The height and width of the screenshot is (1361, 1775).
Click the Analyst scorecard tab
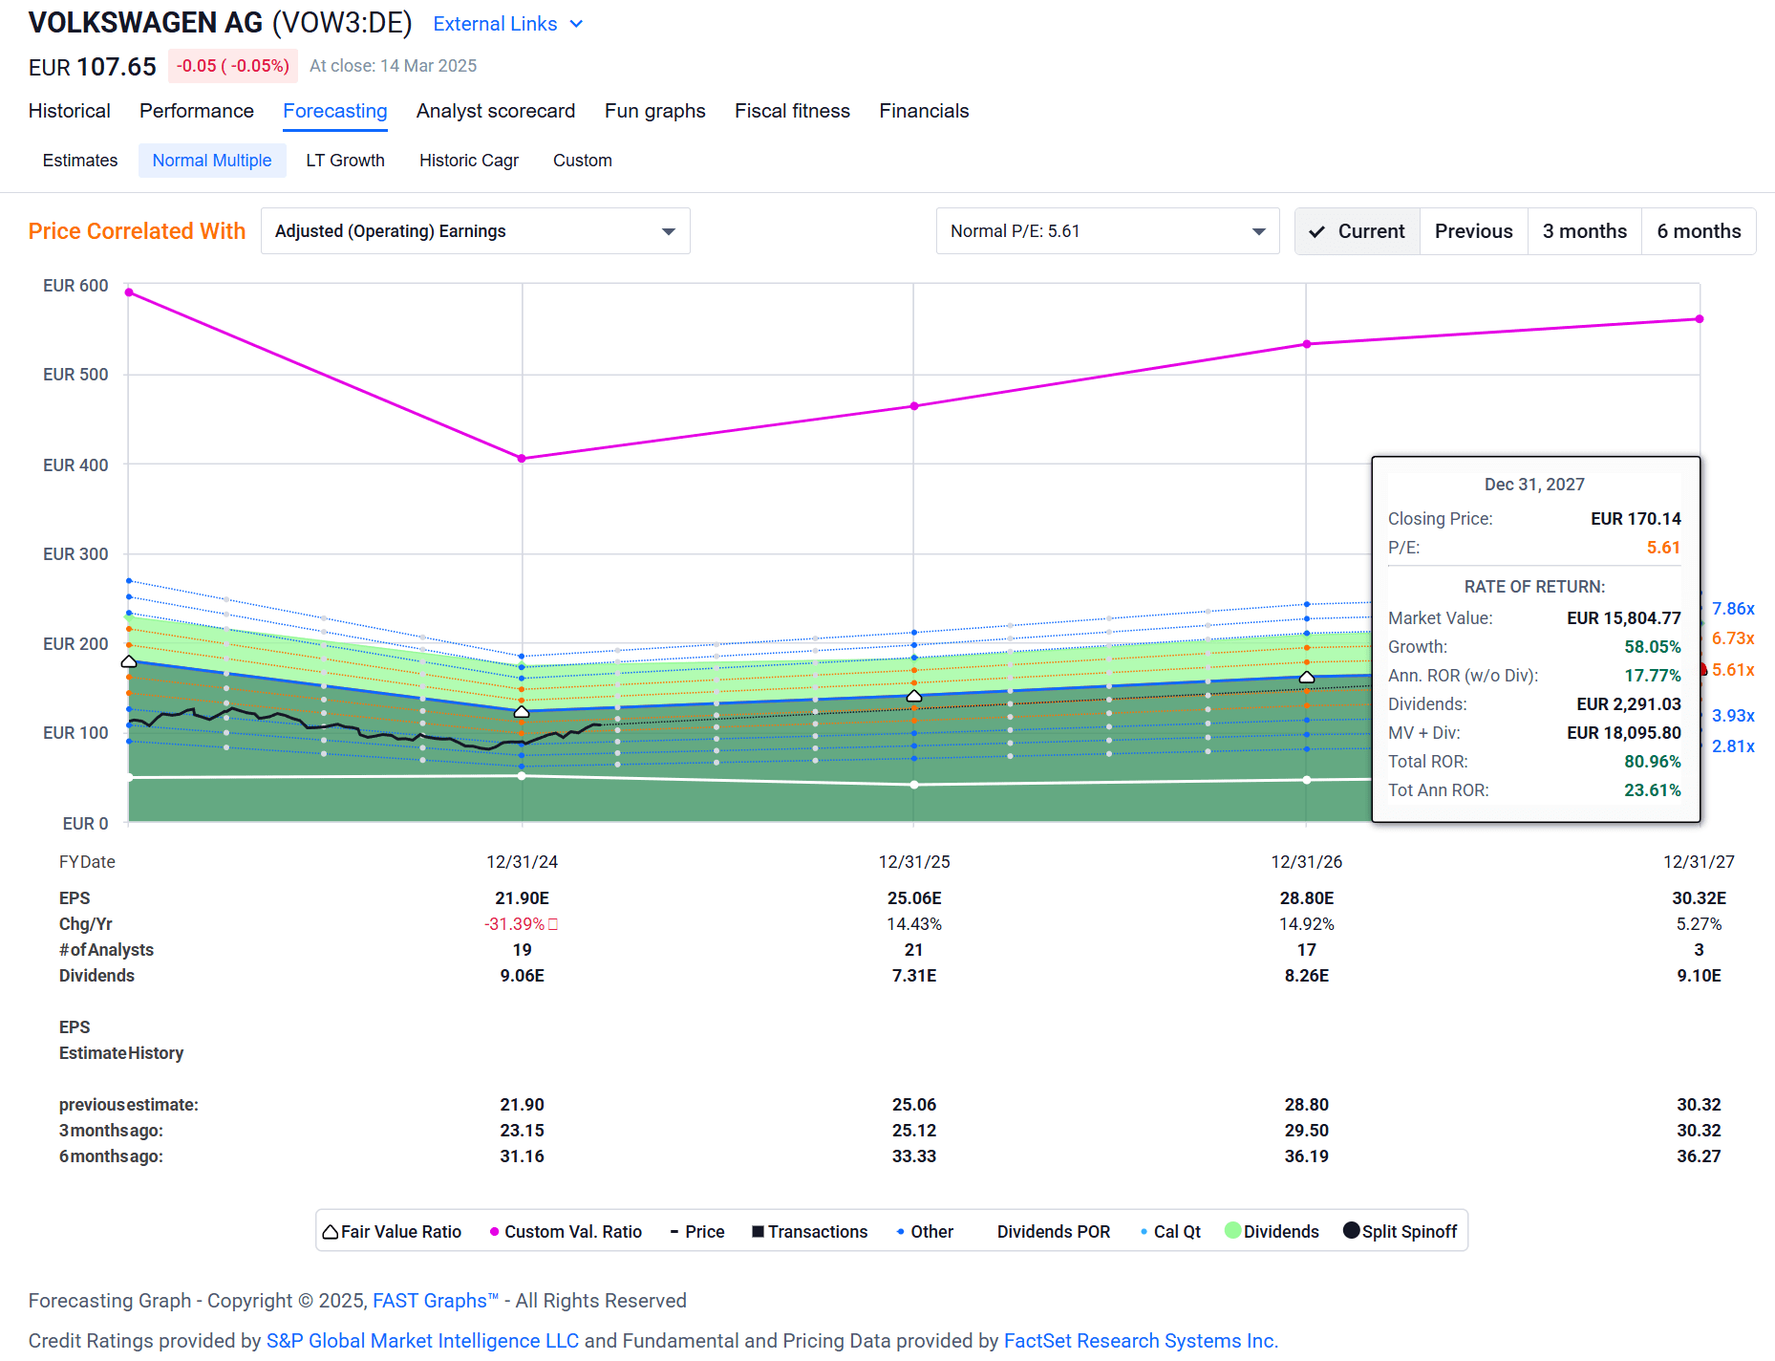pos(495,111)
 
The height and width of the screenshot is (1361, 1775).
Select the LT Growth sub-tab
pos(345,161)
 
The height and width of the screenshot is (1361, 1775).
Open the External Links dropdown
pos(507,24)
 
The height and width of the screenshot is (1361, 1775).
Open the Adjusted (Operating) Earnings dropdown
pos(475,231)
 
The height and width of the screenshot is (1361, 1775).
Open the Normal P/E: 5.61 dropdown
pos(1106,231)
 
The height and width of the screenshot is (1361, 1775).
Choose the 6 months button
pos(1698,231)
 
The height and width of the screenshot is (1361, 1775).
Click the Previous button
pos(1473,231)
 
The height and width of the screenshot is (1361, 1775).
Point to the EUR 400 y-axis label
pos(75,465)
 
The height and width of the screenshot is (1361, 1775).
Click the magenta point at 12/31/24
pos(522,459)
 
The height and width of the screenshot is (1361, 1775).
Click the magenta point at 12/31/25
pos(914,406)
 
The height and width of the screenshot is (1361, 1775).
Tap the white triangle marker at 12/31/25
pos(914,696)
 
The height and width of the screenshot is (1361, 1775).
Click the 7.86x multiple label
pos(1732,609)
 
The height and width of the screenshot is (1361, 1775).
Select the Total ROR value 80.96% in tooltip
pos(1652,762)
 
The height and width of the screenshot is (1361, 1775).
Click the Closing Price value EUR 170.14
pos(1635,519)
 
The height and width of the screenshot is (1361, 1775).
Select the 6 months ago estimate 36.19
pos(1306,1156)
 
